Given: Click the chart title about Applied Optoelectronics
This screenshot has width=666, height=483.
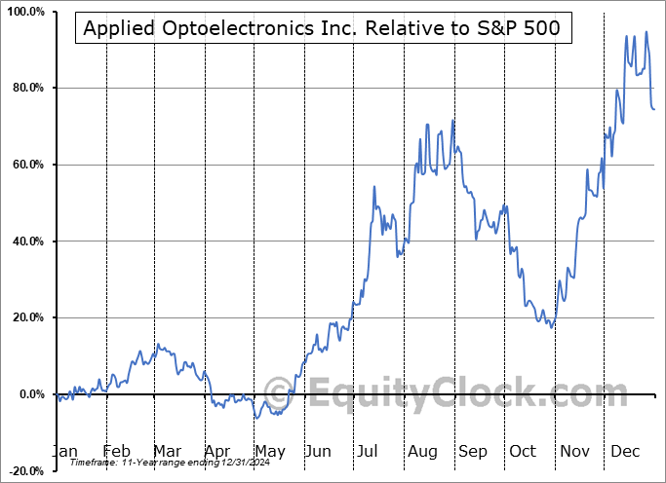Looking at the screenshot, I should click(x=322, y=28).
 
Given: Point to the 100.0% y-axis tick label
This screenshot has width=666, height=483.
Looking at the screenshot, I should click(x=23, y=12).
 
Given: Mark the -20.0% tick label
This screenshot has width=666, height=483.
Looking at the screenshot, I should click(x=23, y=470).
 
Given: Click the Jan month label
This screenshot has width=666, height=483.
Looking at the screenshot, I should click(x=64, y=451).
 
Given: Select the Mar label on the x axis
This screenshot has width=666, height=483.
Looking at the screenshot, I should click(x=167, y=451).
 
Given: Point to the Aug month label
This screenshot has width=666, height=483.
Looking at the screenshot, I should click(x=423, y=451).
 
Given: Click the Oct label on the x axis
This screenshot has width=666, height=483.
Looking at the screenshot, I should click(x=524, y=451).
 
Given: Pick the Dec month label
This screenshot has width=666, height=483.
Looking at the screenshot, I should click(x=626, y=451).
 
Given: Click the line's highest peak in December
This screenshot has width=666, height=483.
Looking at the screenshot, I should click(x=646, y=32).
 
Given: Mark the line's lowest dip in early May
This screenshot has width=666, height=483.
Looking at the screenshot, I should click(x=257, y=418).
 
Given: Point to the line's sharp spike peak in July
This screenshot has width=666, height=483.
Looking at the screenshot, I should click(x=375, y=186).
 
